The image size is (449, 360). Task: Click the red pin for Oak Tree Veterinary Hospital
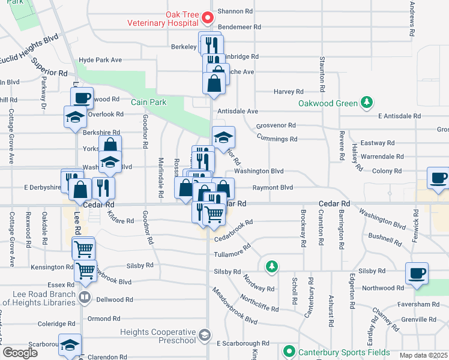click(208, 18)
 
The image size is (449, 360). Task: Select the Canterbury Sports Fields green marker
click(289, 351)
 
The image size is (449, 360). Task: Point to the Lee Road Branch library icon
click(85, 296)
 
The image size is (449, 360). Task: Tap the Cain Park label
click(149, 102)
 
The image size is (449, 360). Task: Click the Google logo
click(20, 353)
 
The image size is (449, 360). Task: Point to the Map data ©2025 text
click(423, 355)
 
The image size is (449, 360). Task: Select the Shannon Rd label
click(235, 11)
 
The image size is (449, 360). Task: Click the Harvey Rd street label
click(289, 92)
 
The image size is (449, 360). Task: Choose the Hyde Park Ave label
click(100, 60)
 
